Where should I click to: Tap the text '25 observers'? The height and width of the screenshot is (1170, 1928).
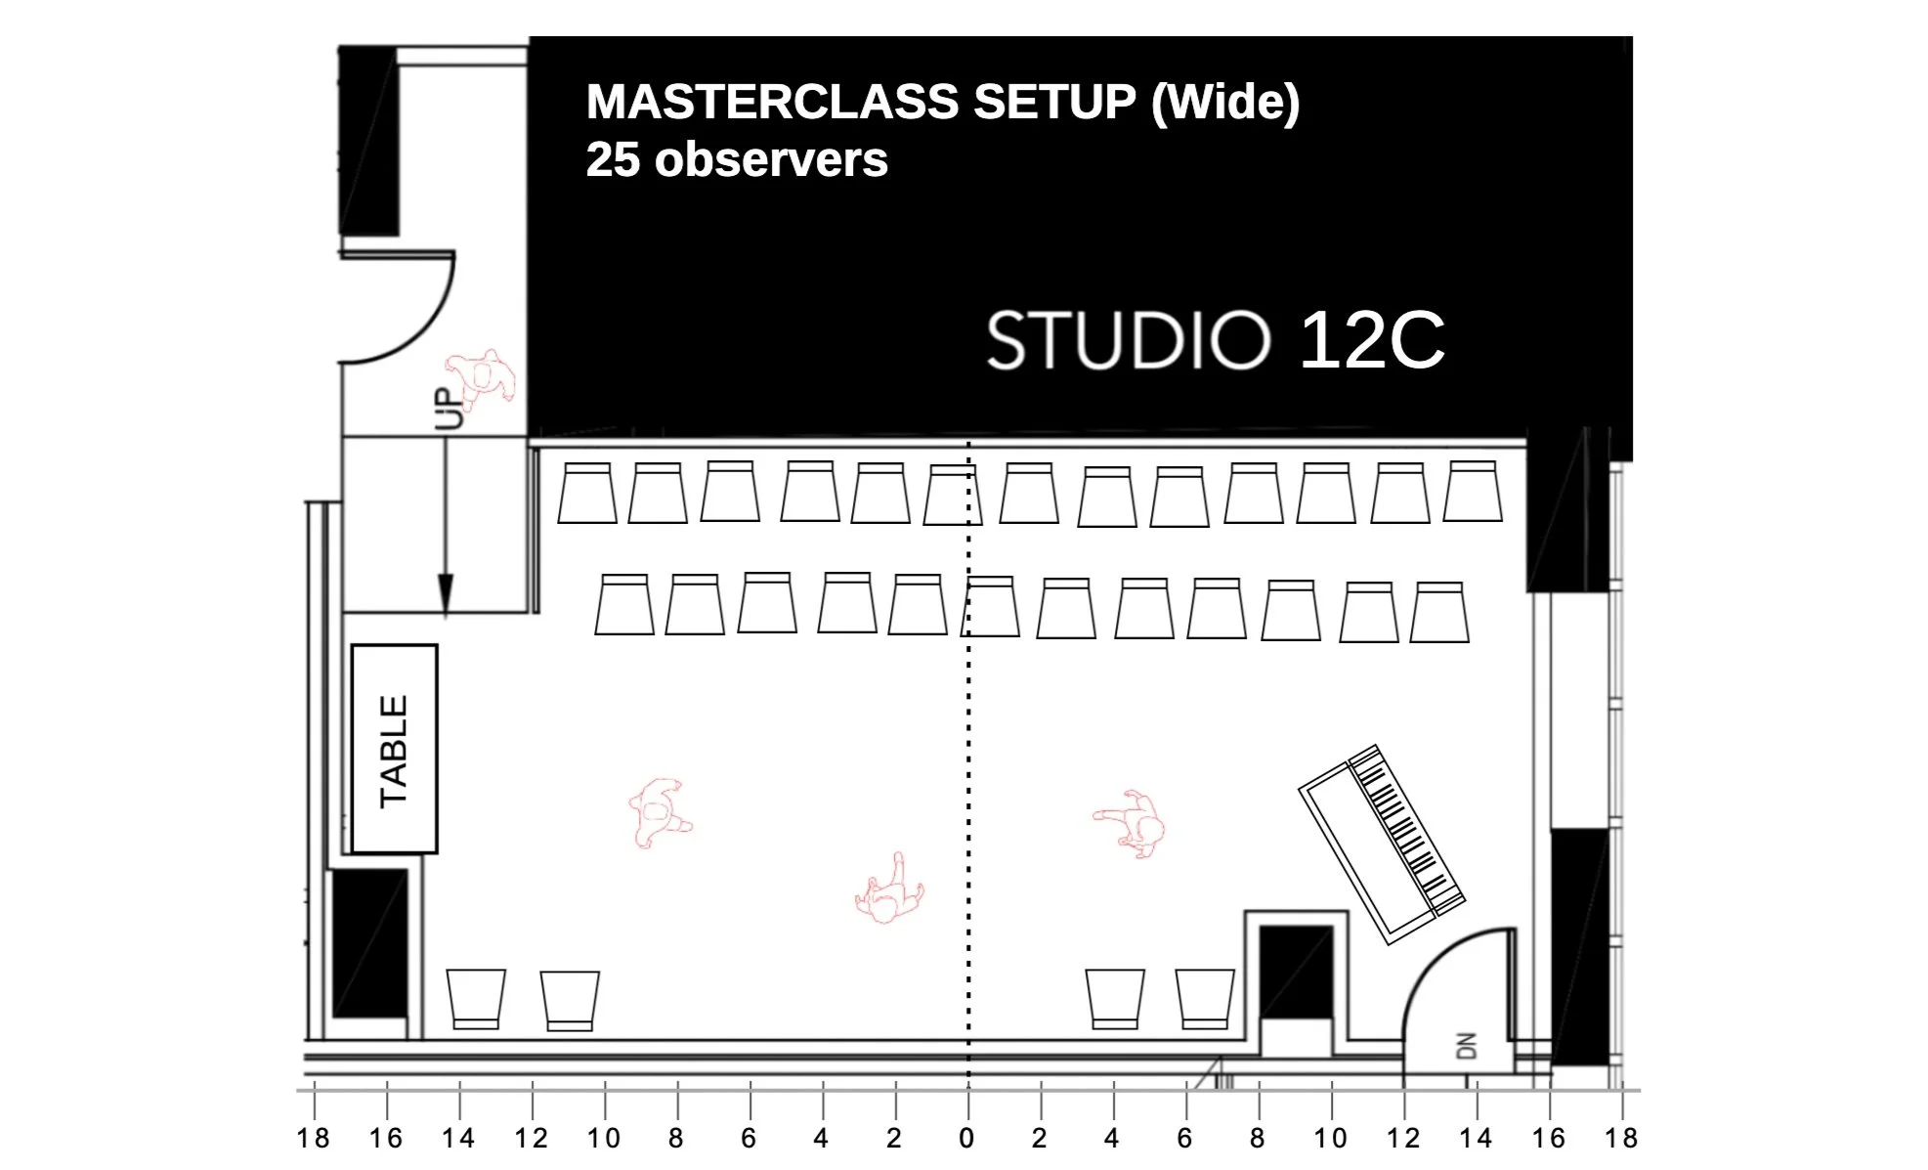coord(736,159)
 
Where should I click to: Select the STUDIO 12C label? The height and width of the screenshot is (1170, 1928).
coord(1215,341)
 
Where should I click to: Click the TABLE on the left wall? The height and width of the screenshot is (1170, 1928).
coord(394,750)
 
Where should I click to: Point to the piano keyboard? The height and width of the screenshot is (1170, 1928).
coord(1407,827)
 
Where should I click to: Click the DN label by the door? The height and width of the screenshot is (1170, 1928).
coord(1466,1046)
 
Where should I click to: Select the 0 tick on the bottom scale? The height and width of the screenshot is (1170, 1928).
coord(966,1139)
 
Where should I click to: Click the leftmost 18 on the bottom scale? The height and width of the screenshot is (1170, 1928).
coord(313,1139)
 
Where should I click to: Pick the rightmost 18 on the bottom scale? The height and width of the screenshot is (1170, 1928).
coord(1620,1139)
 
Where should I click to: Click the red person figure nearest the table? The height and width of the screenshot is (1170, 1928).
coord(658,812)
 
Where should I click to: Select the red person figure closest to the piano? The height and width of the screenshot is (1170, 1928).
coord(1133,824)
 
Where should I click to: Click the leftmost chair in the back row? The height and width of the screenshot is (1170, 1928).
coord(587,494)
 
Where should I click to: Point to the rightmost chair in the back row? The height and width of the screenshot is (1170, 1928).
coord(1473,492)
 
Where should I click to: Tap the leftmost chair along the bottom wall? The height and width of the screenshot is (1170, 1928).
coord(476,999)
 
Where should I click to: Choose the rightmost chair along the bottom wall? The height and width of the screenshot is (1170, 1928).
coord(1205,999)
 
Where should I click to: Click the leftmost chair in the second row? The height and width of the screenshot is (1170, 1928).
coord(624,605)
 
